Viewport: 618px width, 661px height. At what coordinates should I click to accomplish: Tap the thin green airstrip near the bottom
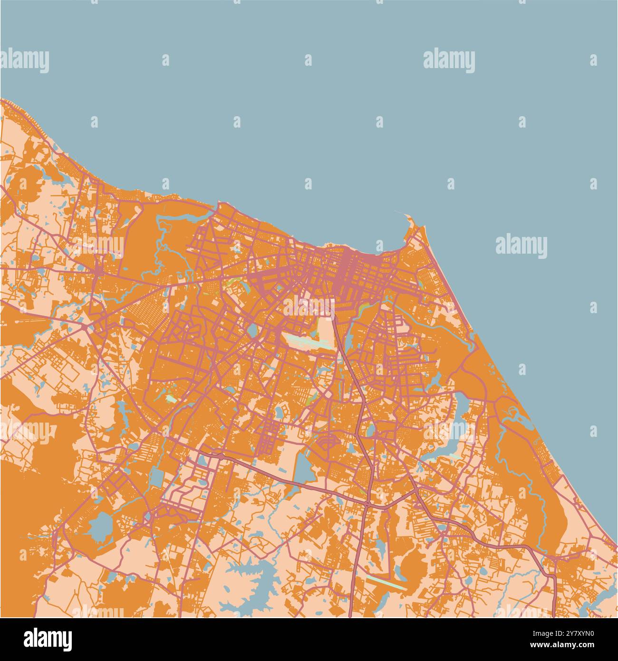(386, 582)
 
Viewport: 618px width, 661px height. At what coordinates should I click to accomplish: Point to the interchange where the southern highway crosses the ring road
(368, 503)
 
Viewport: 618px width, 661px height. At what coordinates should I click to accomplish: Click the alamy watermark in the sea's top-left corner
(25, 61)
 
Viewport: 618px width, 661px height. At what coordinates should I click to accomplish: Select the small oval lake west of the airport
(251, 330)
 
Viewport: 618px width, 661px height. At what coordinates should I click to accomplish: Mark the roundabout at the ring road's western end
(220, 455)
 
